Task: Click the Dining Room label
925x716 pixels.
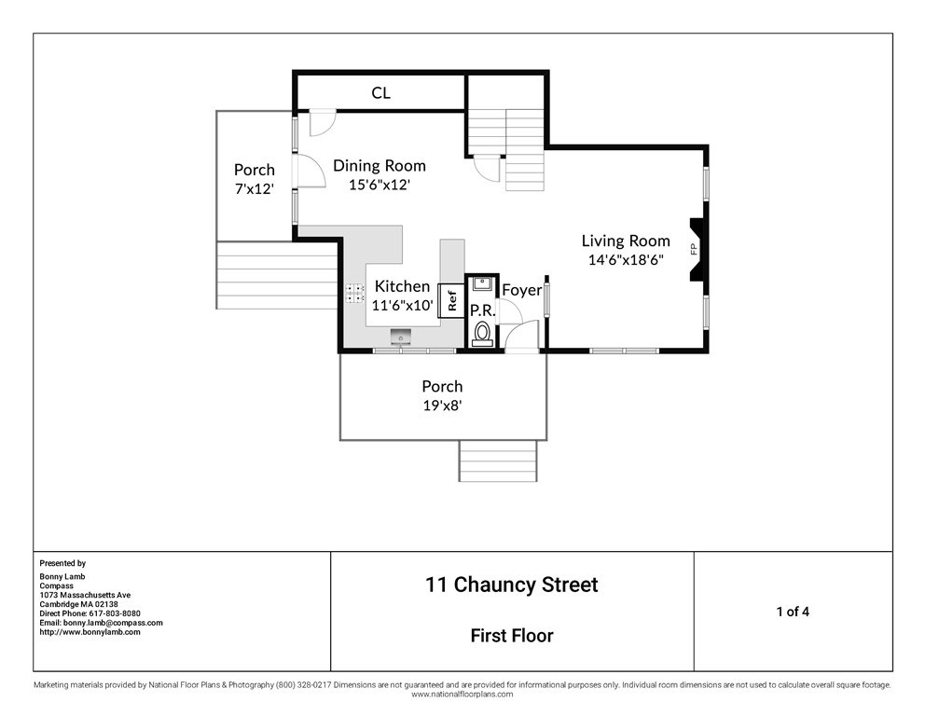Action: pos(380,166)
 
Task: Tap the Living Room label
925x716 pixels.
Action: pos(626,241)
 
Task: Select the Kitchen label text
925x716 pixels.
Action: pos(402,286)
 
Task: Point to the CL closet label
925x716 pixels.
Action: pos(380,92)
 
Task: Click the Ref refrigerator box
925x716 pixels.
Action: pos(452,301)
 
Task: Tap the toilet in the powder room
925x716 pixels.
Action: pos(483,334)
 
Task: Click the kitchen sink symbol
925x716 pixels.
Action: pos(401,337)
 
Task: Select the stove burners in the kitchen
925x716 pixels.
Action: pos(354,293)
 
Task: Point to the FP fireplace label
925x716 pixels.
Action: pos(694,248)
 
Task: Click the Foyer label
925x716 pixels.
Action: pos(521,290)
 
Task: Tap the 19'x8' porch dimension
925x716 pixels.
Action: pos(442,406)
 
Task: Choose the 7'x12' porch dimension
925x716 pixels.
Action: pos(255,189)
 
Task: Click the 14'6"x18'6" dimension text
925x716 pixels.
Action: pos(626,259)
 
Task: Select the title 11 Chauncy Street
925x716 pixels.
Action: pos(512,585)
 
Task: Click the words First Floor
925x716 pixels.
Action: pos(512,636)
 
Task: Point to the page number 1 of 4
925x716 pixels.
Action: pos(793,612)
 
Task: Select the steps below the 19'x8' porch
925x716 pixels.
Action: pos(498,461)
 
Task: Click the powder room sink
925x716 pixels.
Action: pos(483,283)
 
